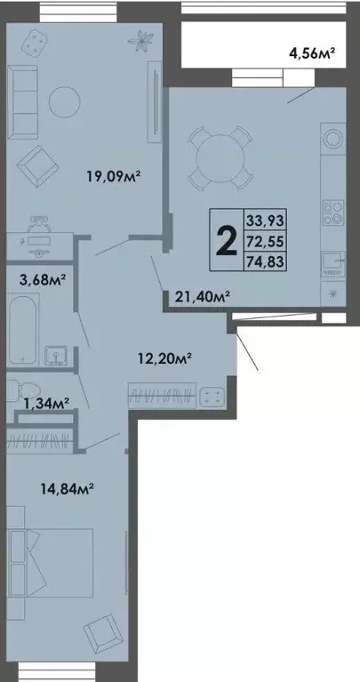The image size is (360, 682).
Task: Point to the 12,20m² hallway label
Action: pos(166,359)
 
